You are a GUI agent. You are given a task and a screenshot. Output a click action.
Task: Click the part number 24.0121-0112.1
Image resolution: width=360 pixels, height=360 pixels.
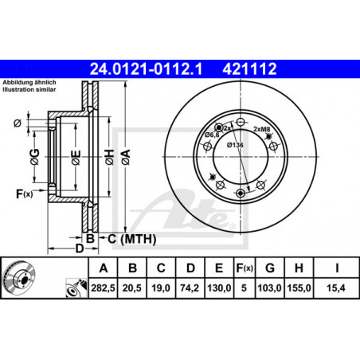(146, 69)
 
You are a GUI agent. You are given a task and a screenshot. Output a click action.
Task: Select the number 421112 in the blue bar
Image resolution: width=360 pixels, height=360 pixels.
(249, 69)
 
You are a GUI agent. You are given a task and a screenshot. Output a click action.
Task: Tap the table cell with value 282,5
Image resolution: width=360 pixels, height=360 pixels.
(103, 288)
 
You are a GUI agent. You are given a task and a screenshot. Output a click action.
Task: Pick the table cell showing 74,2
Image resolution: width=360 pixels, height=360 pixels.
(190, 288)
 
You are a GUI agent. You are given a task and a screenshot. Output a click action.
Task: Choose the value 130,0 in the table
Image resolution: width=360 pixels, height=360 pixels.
(219, 288)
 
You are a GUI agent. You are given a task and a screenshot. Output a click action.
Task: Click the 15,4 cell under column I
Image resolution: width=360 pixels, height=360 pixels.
(336, 288)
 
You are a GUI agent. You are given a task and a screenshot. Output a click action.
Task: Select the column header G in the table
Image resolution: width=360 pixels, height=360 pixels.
(270, 268)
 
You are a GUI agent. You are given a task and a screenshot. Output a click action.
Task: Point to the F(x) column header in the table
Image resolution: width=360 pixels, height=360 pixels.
(245, 268)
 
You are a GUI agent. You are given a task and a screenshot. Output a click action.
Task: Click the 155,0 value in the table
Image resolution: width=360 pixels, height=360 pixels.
(299, 288)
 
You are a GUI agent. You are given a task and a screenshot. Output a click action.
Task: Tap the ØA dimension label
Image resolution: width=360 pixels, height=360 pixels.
(126, 157)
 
